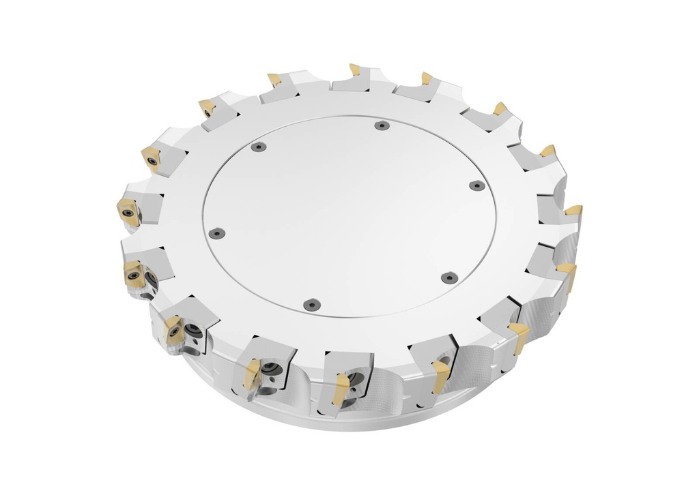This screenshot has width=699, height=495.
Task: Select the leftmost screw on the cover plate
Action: [x=217, y=232]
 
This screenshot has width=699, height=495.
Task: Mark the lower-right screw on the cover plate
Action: [x=448, y=277]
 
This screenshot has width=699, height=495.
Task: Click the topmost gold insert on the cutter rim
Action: [x=354, y=70]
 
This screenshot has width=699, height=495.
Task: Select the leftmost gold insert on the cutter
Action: [x=128, y=211]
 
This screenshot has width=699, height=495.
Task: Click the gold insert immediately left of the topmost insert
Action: [x=274, y=80]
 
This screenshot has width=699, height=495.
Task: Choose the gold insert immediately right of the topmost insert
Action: [x=427, y=78]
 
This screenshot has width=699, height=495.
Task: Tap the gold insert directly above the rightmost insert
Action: [x=547, y=151]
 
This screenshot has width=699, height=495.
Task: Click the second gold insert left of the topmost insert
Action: [x=205, y=108]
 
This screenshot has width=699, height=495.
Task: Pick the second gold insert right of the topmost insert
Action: [x=500, y=108]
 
